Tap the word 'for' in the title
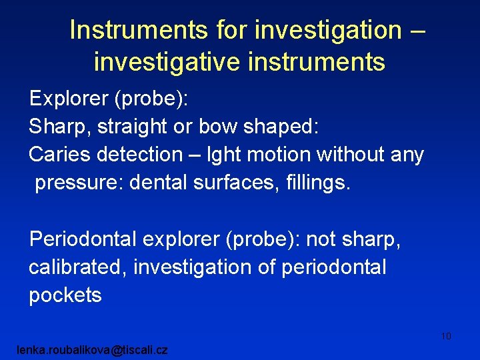[x=233, y=31]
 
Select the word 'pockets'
[x=65, y=295]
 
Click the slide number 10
[x=446, y=336]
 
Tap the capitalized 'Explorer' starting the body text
[x=69, y=99]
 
